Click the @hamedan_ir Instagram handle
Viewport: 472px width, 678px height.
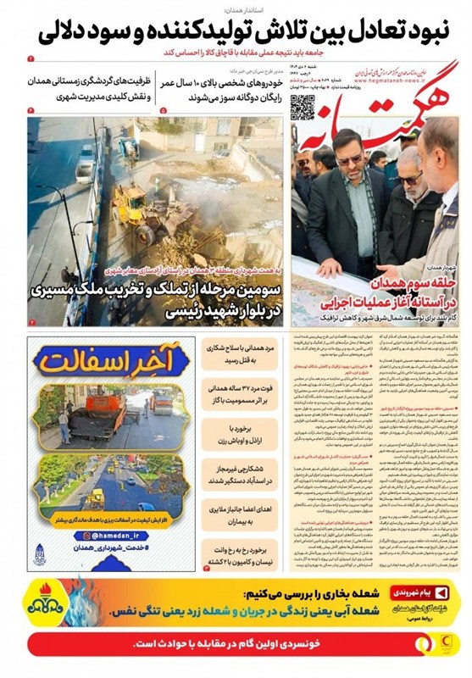110,536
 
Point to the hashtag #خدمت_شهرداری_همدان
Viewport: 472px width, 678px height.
110,551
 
